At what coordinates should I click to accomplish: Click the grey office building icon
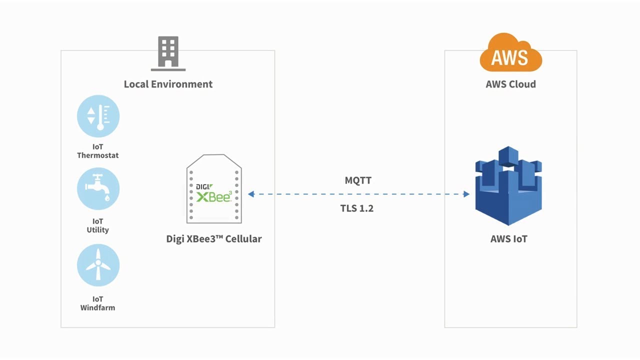coord(168,53)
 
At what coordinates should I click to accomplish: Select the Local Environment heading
coord(168,84)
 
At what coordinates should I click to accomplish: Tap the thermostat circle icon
coord(98,116)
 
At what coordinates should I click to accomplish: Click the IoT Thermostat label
coord(97,151)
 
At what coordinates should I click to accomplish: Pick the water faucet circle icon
coord(98,189)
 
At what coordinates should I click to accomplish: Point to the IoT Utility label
coord(97,225)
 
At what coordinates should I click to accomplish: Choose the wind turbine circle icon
coord(98,265)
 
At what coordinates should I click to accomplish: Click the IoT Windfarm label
coord(97,303)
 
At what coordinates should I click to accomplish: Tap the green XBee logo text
coord(214,196)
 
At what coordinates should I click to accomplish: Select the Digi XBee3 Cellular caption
coord(213,239)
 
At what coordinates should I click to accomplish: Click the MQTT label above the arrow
coord(358,180)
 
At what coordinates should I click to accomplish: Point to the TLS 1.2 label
coord(357,208)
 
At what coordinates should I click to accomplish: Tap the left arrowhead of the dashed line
coord(251,194)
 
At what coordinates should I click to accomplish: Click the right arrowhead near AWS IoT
coord(466,194)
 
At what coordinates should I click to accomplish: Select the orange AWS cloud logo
coord(510,52)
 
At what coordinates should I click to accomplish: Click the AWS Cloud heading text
coord(511,84)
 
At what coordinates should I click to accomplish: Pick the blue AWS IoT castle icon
coord(508,185)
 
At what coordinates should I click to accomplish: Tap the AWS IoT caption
coord(509,239)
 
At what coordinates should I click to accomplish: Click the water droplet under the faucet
coord(107,197)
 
